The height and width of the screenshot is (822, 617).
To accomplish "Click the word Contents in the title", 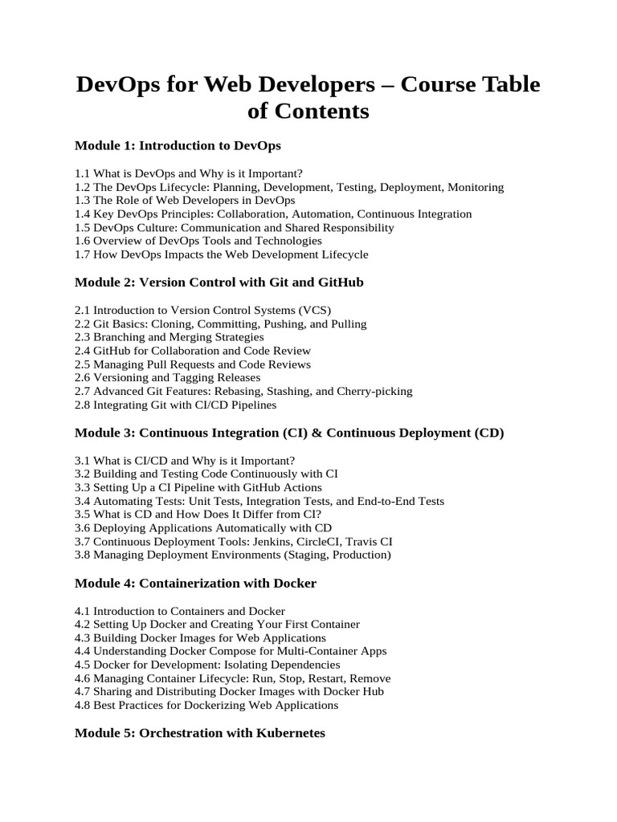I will point(321,112).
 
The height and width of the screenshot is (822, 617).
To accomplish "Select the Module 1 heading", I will point(178,146).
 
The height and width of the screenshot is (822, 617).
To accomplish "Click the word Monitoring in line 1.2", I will point(476,187).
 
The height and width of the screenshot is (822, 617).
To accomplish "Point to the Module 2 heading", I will point(219,283).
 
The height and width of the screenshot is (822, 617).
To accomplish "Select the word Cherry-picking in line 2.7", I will point(375,391).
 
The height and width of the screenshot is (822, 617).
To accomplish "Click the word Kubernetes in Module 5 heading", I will point(286,734).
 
